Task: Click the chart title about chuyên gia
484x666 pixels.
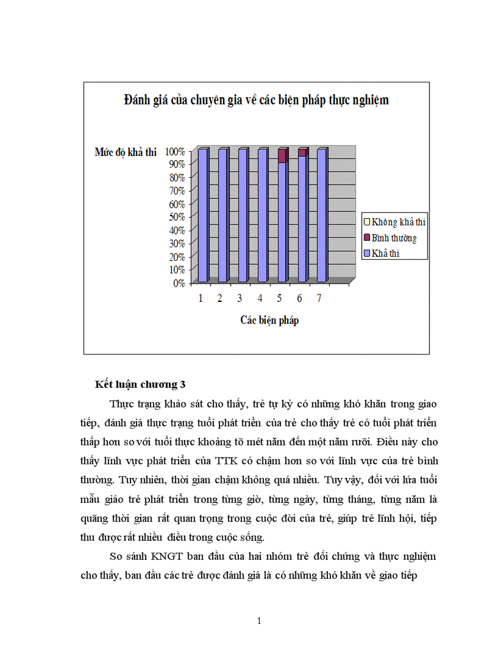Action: [256, 100]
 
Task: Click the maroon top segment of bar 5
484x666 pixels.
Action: [282, 155]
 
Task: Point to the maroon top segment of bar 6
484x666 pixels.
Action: [302, 152]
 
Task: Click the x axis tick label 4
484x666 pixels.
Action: [260, 298]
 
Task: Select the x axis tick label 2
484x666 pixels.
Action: [220, 298]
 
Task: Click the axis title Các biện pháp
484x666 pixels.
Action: [269, 320]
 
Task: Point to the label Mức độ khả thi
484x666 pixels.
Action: [125, 152]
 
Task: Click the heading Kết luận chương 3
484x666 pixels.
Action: [140, 385]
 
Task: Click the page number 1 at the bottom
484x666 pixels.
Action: [259, 621]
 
